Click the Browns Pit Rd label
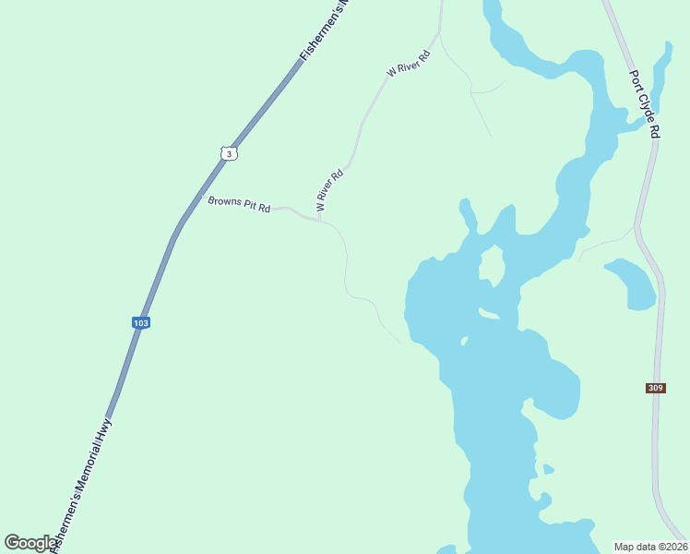point(239,204)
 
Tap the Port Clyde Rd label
point(644,104)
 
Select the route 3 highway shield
point(229,152)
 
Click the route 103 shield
point(140,322)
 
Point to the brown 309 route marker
point(655,389)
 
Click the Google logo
point(30,543)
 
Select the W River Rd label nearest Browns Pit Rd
point(329,190)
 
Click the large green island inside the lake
point(491,266)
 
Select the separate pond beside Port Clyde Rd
point(632,283)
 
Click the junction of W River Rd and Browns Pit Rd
point(319,219)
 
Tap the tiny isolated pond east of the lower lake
point(548,469)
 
